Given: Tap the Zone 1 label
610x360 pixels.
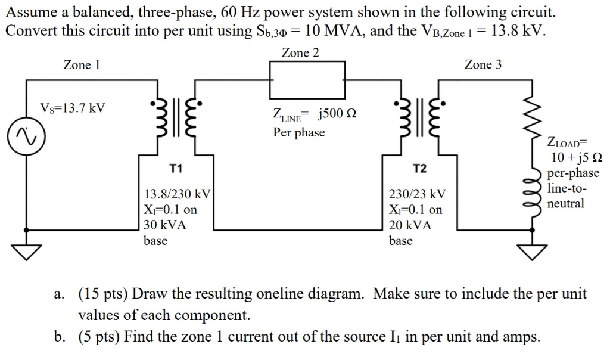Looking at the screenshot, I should pyautogui.click(x=82, y=65).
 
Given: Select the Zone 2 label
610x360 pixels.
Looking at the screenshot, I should pyautogui.click(x=300, y=53).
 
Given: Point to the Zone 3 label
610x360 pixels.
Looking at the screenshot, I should pyautogui.click(x=483, y=64).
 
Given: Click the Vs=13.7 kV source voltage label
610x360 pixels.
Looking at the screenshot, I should pyautogui.click(x=72, y=108).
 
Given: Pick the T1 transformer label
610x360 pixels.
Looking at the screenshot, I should pyautogui.click(x=176, y=169).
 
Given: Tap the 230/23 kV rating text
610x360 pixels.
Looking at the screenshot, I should pyautogui.click(x=416, y=194).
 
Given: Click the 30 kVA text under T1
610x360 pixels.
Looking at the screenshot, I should pyautogui.click(x=165, y=225).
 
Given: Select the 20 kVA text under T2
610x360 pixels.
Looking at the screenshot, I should pyautogui.click(x=410, y=225).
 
